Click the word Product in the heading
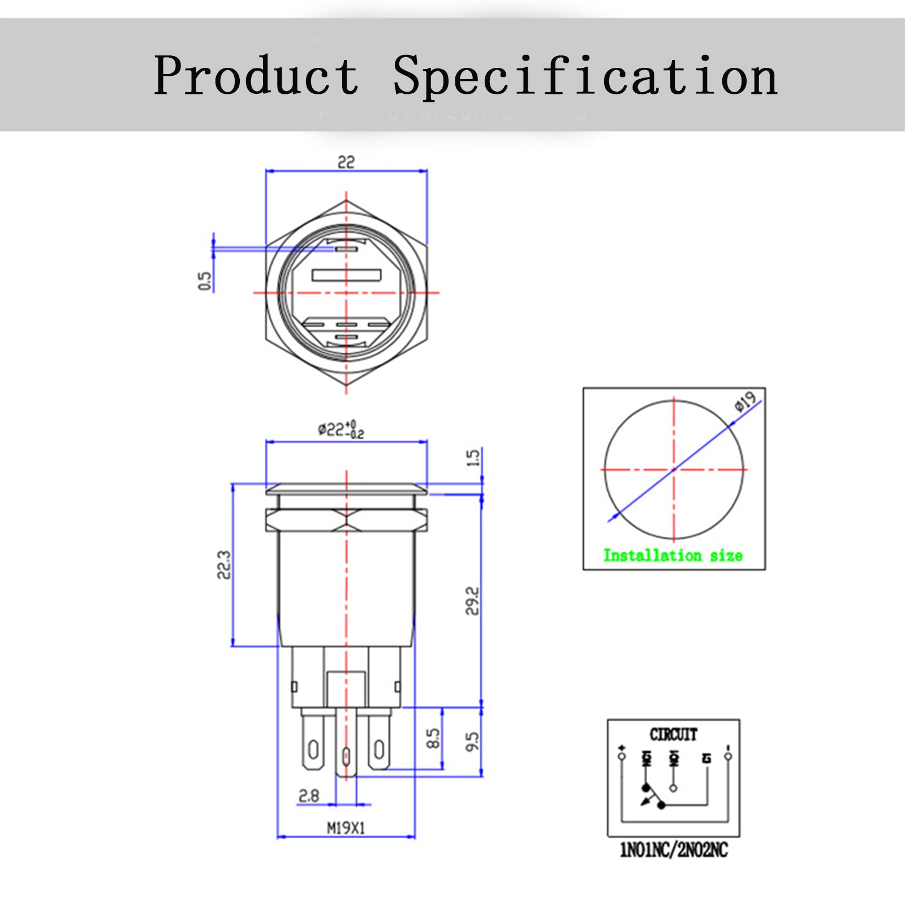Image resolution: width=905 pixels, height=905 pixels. point(256,75)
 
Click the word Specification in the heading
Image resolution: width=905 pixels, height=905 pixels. point(585,75)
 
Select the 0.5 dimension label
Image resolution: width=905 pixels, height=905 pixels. point(205,281)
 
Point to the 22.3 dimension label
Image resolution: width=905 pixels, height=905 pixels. point(225,564)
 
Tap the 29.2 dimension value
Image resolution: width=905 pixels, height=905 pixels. point(472,601)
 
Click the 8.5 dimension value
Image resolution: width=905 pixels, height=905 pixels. point(433,739)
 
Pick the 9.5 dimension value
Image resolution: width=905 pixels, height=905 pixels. point(472,742)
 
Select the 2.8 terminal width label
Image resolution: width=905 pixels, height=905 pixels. point(309,796)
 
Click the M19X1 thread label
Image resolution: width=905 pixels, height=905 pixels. point(346,828)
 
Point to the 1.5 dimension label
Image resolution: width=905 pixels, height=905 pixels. point(473,458)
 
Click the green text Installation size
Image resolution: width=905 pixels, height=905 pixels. point(673,555)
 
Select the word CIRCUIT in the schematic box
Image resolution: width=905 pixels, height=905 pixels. point(673,734)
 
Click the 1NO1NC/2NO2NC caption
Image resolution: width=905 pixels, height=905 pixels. point(674,850)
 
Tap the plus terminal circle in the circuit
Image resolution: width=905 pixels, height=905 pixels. point(622,756)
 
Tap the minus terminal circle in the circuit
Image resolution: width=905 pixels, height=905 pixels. point(728,756)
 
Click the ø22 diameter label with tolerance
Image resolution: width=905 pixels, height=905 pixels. point(341,429)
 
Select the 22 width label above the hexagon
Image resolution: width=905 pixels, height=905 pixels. point(346,162)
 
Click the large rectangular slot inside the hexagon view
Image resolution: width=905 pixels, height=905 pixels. point(346,275)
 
